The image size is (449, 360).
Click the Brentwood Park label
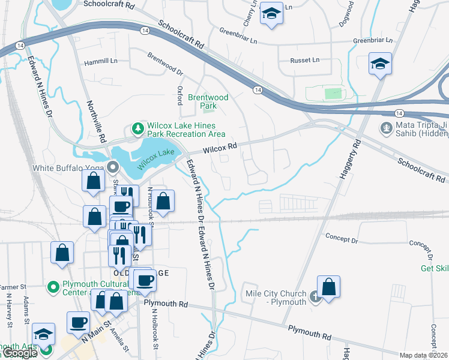208,101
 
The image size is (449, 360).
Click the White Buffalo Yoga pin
113,168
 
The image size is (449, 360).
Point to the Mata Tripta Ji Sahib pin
385,128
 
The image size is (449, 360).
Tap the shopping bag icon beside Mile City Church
328,287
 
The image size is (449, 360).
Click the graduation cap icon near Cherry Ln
271,15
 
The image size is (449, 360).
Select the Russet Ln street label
305,60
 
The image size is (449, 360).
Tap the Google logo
19,353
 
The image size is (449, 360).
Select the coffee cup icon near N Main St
78,323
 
